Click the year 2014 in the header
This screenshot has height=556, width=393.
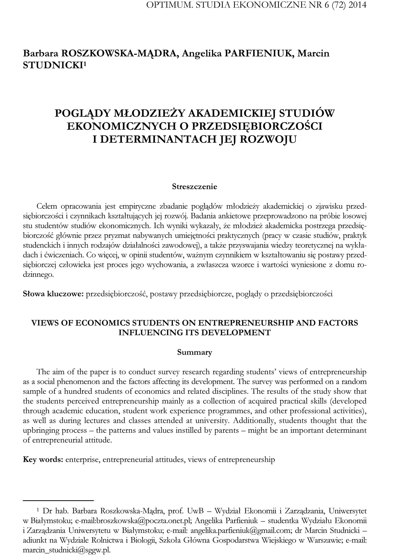(x=357, y=5)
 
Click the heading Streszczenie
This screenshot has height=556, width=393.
(x=194, y=186)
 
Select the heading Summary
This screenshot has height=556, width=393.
(x=194, y=352)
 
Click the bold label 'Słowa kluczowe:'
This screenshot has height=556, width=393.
(x=53, y=294)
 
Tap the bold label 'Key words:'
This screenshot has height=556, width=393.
(x=43, y=460)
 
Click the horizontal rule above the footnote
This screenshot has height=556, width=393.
(x=58, y=500)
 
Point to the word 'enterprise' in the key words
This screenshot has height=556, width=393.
(x=83, y=460)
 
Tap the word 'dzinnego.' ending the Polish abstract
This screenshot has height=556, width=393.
(x=38, y=275)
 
